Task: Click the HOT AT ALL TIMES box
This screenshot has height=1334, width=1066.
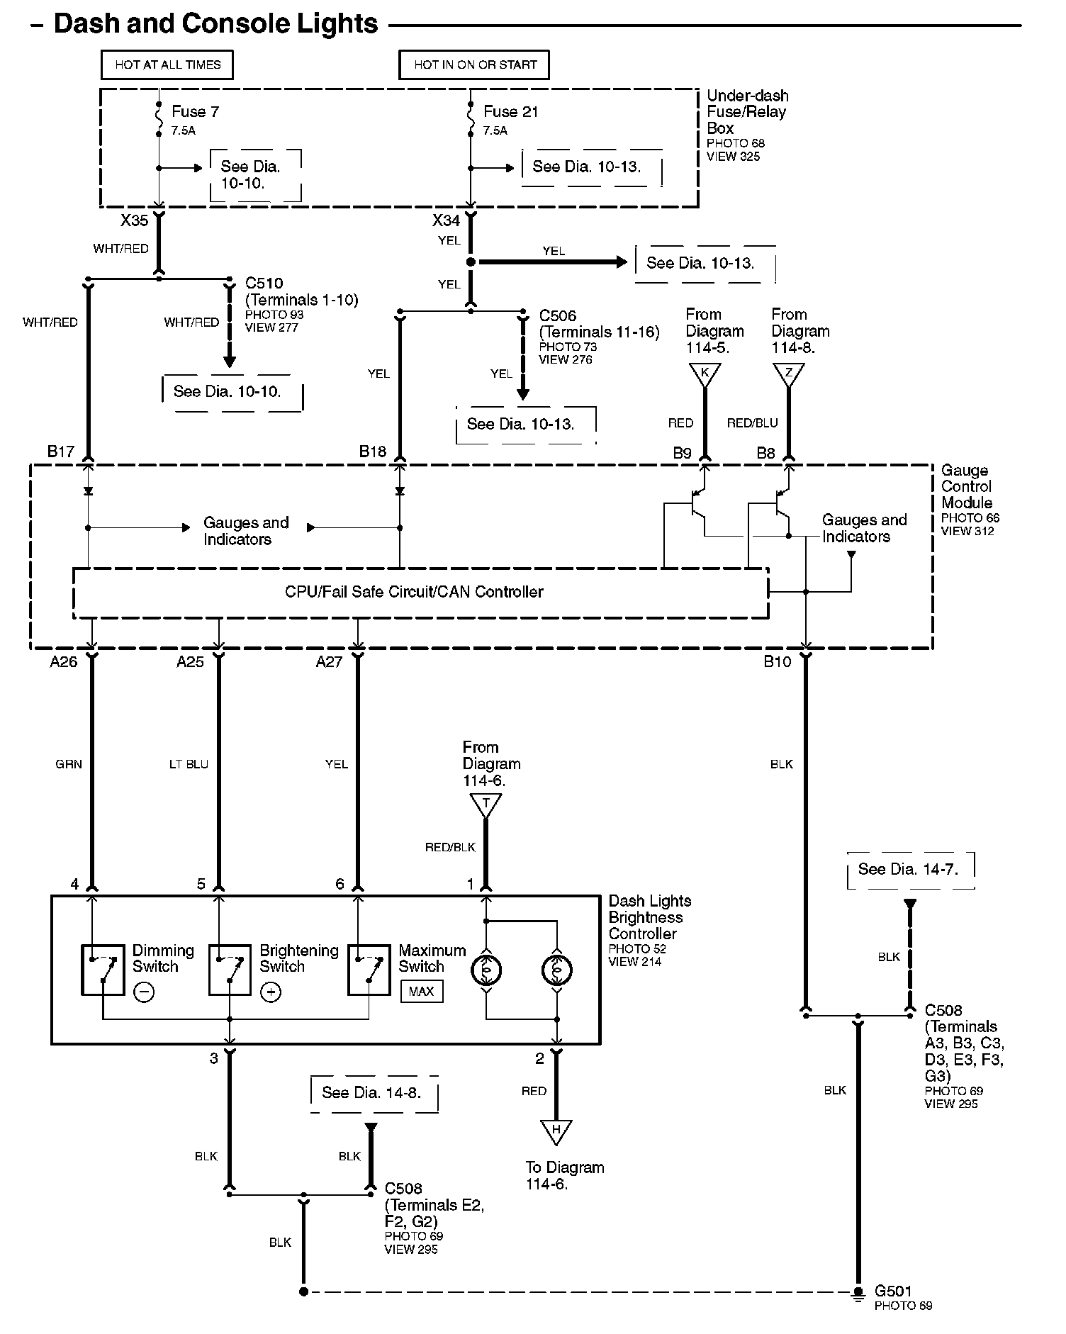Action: tap(167, 65)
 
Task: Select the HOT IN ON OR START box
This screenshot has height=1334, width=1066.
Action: tap(475, 65)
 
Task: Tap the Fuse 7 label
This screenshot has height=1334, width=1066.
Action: tap(195, 112)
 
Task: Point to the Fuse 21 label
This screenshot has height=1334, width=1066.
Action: tap(510, 112)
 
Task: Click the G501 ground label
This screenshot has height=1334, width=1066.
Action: tap(893, 1291)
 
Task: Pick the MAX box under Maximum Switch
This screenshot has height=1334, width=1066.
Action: tap(421, 991)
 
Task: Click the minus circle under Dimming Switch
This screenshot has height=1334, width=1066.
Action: tap(143, 992)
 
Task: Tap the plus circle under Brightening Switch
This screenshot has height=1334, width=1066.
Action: tap(271, 992)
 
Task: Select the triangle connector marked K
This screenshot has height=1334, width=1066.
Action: tap(705, 374)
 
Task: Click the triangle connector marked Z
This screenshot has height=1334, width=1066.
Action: tap(789, 374)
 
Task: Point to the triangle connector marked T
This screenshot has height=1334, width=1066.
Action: tap(486, 804)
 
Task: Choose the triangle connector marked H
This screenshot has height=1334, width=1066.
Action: tap(556, 1130)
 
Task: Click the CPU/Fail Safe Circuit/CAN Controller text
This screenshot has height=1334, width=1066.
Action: tap(414, 592)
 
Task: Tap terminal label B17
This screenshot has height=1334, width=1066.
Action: tap(61, 452)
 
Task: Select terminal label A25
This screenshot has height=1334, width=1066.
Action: tap(190, 662)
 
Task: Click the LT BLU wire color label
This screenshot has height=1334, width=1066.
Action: tap(189, 764)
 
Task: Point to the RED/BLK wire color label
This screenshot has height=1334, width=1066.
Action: tap(450, 847)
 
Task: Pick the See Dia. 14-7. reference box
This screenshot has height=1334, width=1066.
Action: tap(910, 870)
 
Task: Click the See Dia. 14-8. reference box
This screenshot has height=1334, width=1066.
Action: tap(373, 1092)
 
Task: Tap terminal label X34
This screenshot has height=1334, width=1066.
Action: tap(447, 220)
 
